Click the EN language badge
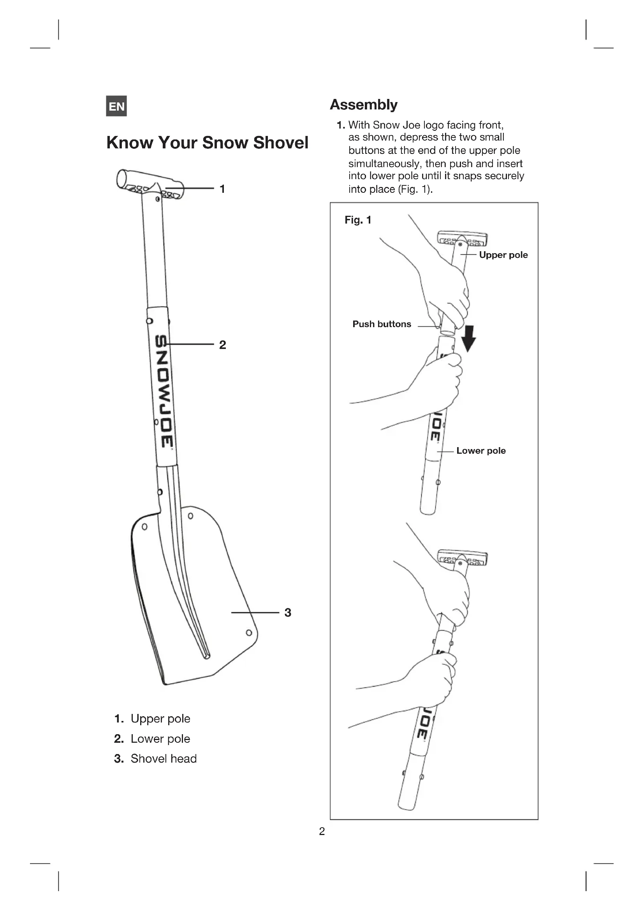[116, 106]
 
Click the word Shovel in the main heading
[281, 143]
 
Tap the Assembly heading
[364, 105]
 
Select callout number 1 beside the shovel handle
[222, 189]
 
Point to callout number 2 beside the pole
[222, 345]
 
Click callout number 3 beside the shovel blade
[288, 613]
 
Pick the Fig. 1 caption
[358, 220]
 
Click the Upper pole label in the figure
[503, 255]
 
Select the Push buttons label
[382, 324]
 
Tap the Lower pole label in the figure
[480, 451]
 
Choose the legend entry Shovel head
[164, 759]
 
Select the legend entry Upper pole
[160, 719]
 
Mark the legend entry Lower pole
[160, 739]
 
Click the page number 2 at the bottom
[322, 831]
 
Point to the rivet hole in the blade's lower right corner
[249, 633]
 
